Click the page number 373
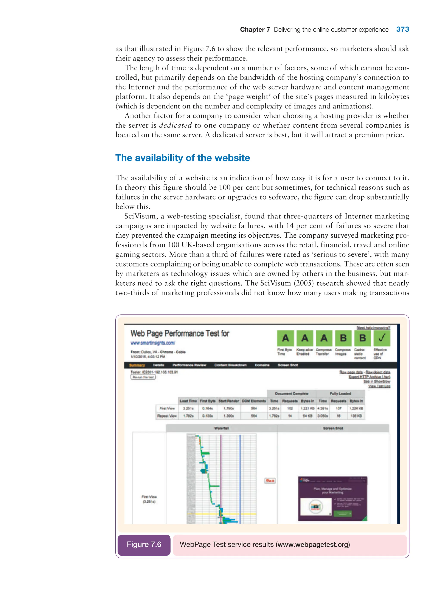point(402,29)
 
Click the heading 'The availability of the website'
point(183,158)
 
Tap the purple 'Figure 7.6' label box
point(144,544)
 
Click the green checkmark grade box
point(382,338)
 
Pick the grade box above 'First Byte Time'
point(285,338)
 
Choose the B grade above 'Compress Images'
point(343,338)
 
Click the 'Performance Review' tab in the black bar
point(189,365)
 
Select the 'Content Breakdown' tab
point(230,365)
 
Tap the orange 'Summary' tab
point(137,365)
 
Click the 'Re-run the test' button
point(143,377)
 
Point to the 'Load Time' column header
point(188,401)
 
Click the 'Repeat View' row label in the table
point(167,416)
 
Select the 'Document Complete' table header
point(292,393)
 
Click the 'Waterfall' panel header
point(221,428)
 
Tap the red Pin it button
point(270,481)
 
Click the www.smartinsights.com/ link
point(153,343)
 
